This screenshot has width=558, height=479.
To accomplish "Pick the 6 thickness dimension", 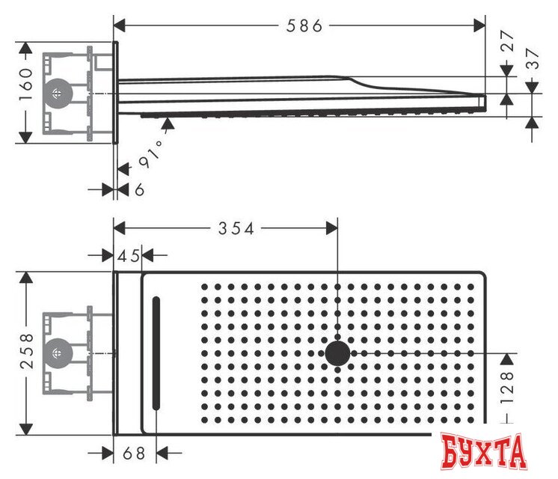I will pyautogui.click(x=140, y=190).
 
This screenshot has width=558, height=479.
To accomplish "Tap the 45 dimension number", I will pyautogui.click(x=129, y=256).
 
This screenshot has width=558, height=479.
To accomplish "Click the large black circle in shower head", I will pyautogui.click(x=338, y=353).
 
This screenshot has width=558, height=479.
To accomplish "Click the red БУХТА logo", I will pyautogui.click(x=483, y=452).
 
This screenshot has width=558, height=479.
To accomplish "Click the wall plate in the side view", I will pyautogui.click(x=117, y=94).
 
